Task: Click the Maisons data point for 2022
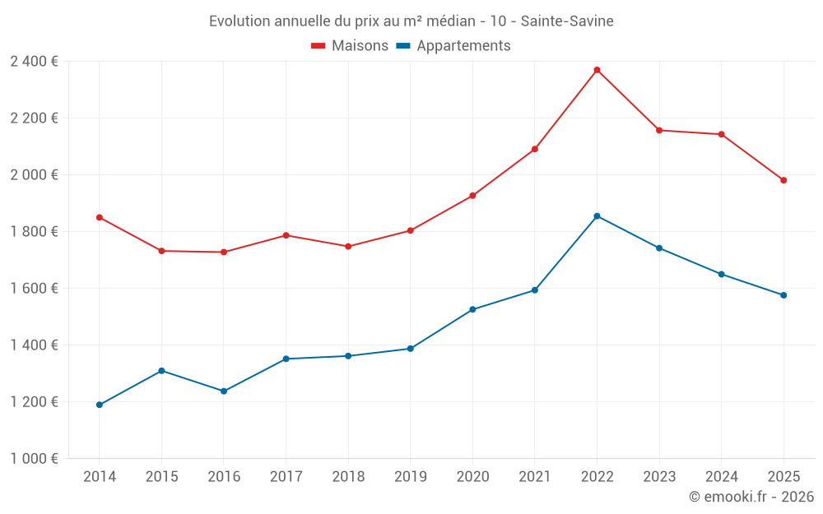click(597, 70)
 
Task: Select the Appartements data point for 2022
click(597, 216)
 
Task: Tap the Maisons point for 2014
click(100, 217)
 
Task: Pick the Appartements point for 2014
click(100, 405)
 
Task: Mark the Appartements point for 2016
click(224, 391)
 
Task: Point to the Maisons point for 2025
click(783, 180)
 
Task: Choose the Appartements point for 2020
click(472, 309)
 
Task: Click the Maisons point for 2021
click(535, 149)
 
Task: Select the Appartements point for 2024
click(722, 274)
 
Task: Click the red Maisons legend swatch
click(319, 46)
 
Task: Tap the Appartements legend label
click(463, 46)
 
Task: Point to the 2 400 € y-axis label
click(34, 61)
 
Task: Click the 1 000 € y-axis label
click(34, 458)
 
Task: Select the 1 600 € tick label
click(34, 288)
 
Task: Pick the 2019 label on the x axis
click(411, 476)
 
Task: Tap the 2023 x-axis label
click(659, 476)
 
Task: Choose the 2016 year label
click(224, 476)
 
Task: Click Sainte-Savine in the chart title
click(567, 21)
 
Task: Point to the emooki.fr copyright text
click(751, 497)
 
